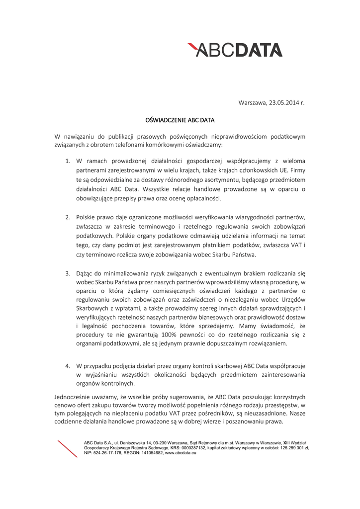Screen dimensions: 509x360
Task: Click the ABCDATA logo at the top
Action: point(235,50)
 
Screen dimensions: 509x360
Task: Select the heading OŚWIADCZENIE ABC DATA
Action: point(180,120)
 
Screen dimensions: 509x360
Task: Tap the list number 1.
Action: point(68,162)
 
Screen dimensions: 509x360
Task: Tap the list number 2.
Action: point(68,218)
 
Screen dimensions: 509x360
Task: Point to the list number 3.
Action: point(68,273)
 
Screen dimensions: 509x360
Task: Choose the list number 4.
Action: point(68,366)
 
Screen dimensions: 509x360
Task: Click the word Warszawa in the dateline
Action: point(253,103)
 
